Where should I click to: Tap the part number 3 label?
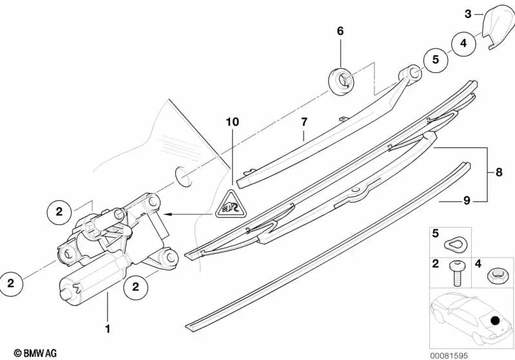(469, 13)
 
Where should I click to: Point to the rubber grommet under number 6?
(341, 80)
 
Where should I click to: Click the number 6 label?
(340, 31)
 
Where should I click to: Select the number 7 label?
(304, 120)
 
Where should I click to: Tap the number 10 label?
(232, 122)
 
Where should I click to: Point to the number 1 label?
(108, 329)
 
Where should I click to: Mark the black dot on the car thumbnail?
(494, 320)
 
